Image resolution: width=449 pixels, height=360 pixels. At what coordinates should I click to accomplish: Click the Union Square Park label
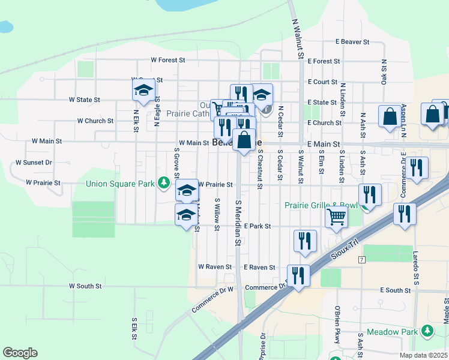120,183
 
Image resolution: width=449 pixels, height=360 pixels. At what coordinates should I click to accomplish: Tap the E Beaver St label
352,43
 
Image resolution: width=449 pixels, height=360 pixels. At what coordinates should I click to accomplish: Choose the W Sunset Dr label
34,163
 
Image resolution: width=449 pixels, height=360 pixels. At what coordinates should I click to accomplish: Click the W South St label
85,286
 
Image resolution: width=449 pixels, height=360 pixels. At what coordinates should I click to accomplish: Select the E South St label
395,290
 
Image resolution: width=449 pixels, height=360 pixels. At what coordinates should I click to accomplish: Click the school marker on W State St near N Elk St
143,91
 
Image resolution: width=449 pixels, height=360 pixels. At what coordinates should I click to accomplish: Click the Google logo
20,353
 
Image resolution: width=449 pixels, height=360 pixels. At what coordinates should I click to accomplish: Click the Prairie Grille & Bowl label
322,206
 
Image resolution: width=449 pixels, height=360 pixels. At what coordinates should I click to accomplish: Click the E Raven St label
259,267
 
